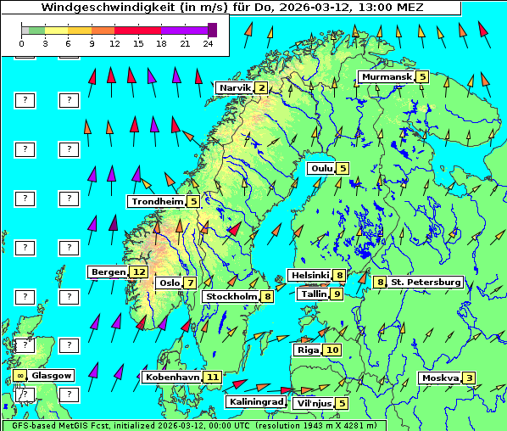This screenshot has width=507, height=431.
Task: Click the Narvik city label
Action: [235, 87]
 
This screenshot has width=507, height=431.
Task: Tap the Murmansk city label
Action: [386, 77]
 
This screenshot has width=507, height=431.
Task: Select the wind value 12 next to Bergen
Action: [139, 272]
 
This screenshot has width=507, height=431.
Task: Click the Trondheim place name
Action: [158, 202]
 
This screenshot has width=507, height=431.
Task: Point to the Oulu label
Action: [320, 168]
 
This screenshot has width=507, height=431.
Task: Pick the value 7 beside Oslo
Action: [190, 283]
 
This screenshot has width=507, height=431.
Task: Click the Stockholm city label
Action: [231, 297]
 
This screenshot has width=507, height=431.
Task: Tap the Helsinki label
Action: [309, 275]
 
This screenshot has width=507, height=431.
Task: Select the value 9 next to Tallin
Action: [337, 294]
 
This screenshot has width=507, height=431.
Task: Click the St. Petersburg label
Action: [426, 282]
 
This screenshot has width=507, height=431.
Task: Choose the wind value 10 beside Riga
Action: [331, 350]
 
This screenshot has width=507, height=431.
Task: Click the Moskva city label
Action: [440, 378]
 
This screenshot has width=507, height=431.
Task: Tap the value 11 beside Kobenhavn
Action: [212, 377]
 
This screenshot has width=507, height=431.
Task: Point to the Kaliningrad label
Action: [256, 402]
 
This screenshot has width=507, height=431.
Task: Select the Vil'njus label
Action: [314, 403]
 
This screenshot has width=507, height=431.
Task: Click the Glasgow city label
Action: [53, 375]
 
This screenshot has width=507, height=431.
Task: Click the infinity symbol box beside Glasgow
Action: [19, 375]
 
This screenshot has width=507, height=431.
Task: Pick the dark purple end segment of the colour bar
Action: [212, 30]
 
